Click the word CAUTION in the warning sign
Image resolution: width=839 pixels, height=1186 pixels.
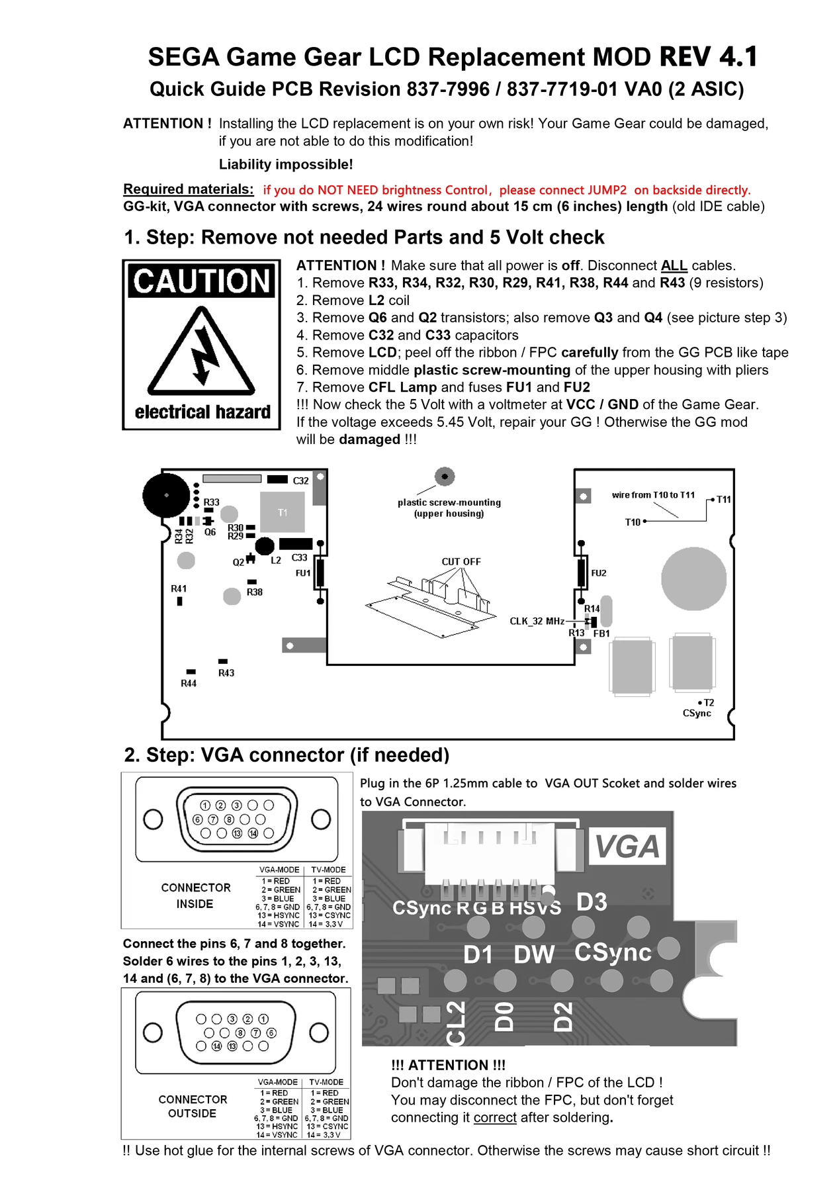[202, 281]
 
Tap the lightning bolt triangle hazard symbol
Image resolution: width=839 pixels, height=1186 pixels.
[202, 352]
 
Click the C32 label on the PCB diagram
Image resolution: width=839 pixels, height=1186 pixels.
[300, 481]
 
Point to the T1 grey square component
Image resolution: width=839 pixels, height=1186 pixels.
[283, 512]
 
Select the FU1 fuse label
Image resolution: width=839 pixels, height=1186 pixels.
[303, 573]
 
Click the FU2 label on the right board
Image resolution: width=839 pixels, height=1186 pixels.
[598, 573]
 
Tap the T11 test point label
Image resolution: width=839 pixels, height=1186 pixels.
[724, 500]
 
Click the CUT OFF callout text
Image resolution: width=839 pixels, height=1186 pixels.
[461, 562]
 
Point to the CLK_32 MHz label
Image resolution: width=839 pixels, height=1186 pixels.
[537, 621]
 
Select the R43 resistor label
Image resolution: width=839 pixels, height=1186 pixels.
[226, 673]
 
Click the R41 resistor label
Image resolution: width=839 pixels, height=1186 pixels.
[179, 588]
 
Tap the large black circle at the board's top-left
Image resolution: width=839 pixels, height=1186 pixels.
[166, 495]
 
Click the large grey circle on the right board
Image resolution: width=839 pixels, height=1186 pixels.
[693, 578]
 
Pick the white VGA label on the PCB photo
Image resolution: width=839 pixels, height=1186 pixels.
[627, 846]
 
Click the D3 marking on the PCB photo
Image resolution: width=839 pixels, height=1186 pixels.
[592, 902]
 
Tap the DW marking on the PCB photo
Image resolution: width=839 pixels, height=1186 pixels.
[534, 954]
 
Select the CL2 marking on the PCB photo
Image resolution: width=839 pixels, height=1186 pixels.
[456, 1023]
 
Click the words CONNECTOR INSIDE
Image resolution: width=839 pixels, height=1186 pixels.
[195, 895]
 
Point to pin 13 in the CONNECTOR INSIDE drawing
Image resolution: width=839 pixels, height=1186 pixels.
[237, 833]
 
